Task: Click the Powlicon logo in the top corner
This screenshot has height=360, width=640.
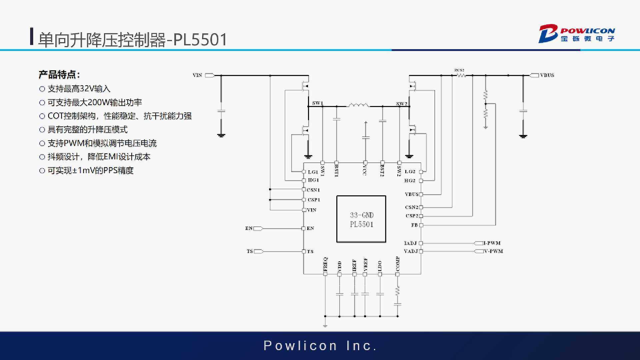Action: (577, 34)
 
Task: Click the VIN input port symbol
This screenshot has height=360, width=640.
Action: (210, 75)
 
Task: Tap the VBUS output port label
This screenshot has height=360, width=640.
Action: (547, 75)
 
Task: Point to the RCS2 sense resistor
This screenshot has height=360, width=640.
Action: (461, 75)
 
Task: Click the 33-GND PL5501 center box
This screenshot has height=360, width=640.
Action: (361, 219)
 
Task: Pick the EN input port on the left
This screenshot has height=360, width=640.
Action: (258, 228)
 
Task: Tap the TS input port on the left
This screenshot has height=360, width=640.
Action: (259, 251)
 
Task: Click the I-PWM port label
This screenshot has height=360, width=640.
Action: (492, 243)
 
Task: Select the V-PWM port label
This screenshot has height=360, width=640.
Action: (493, 251)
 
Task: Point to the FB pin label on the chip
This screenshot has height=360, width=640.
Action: (414, 225)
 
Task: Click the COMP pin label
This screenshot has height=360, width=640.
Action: (397, 264)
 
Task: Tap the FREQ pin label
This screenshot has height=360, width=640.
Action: (326, 264)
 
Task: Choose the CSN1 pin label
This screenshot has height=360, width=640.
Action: (313, 190)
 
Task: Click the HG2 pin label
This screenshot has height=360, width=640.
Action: (410, 181)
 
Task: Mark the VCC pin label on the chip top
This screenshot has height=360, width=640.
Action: (365, 170)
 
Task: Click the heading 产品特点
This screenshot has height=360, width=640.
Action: (59, 74)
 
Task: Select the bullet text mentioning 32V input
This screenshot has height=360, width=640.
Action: (79, 89)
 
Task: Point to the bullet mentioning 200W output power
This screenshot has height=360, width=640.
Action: (95, 102)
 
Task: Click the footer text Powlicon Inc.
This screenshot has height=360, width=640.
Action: (320, 346)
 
